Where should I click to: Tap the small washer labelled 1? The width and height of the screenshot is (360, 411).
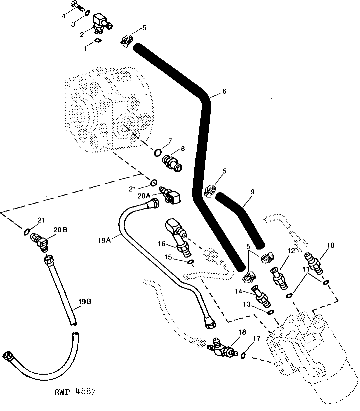tap(98, 40)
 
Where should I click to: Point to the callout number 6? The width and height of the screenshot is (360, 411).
tap(224, 91)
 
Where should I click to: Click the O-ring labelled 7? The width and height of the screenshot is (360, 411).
tap(158, 152)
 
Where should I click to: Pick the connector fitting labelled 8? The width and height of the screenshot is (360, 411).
tap(172, 163)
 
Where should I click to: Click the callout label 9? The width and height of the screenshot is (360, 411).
tap(252, 192)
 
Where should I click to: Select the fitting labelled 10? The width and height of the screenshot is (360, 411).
tap(314, 263)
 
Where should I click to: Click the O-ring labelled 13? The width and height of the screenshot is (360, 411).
tap(271, 312)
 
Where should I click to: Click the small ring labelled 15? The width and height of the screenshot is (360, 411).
tap(191, 262)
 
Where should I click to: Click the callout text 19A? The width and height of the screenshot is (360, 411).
tap(104, 241)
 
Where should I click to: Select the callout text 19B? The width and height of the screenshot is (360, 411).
tap(85, 302)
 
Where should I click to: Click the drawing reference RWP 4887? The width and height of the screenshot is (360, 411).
tap(75, 392)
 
